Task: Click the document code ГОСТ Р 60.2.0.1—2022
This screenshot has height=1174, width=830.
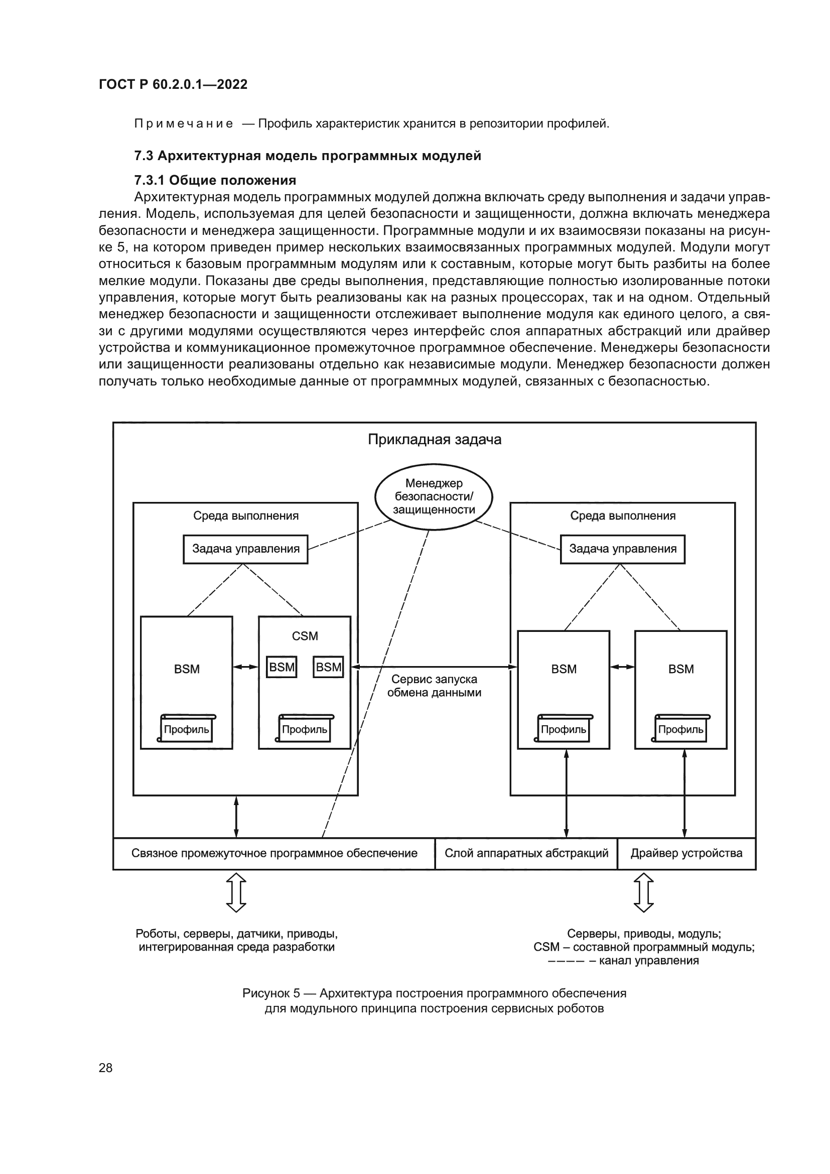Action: coord(173,84)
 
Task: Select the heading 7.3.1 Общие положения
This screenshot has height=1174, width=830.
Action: coord(215,180)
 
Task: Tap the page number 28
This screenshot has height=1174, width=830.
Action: coord(105,1068)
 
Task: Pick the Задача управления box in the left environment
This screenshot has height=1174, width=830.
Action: coord(245,549)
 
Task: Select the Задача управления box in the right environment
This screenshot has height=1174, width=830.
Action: coord(622,549)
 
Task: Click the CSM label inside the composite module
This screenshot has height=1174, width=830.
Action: coord(305,636)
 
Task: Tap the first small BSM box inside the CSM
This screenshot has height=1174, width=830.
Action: coord(282,667)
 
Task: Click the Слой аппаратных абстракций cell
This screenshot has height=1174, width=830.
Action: coord(526,853)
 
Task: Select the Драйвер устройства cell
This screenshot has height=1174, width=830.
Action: coord(686,853)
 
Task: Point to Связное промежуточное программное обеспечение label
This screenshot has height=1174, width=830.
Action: coord(274,853)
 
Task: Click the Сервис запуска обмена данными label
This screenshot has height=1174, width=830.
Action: coord(434,686)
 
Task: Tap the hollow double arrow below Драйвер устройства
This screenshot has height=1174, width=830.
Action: coord(643,893)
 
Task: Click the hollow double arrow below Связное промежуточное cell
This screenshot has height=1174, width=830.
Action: coord(236,893)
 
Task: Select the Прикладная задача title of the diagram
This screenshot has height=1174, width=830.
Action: coord(434,440)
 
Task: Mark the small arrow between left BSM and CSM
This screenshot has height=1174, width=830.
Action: coord(245,667)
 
